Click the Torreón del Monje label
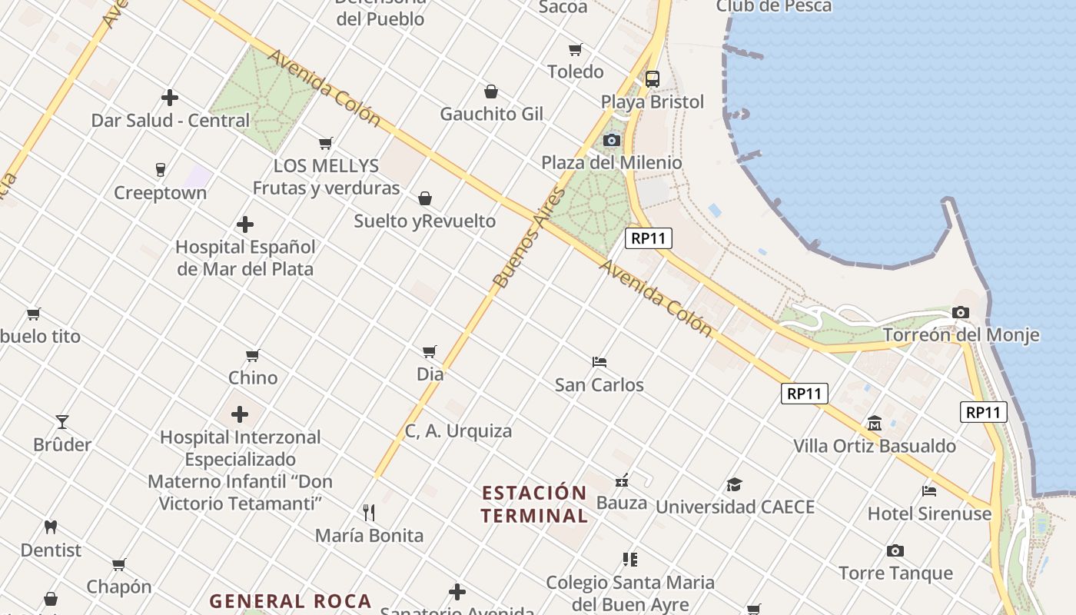(x=961, y=335)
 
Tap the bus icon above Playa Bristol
(x=652, y=78)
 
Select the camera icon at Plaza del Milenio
(x=612, y=140)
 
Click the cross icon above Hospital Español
(x=245, y=224)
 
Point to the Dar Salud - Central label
(x=171, y=121)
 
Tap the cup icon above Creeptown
(x=160, y=170)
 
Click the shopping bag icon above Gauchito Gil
(x=491, y=92)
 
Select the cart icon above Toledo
(x=575, y=50)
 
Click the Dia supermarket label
(x=430, y=374)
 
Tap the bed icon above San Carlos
(x=599, y=361)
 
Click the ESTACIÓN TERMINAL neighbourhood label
(x=534, y=504)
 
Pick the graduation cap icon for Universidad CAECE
(x=734, y=484)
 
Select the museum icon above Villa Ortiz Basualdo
(x=874, y=424)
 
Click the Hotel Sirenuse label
(x=929, y=514)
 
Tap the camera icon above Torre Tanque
(x=895, y=550)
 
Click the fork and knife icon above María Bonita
(x=369, y=512)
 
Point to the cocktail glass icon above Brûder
(x=61, y=421)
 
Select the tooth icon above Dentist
(x=51, y=527)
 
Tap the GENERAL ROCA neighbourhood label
(x=291, y=601)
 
